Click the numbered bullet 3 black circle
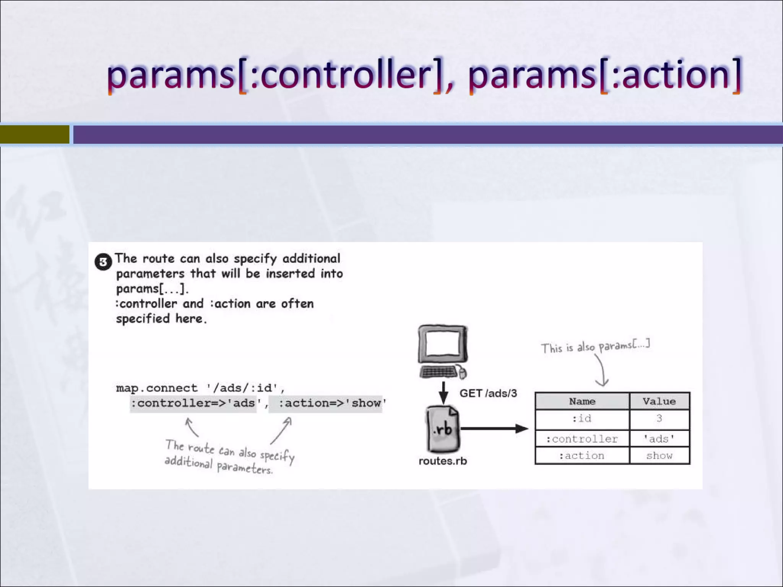pos(103,262)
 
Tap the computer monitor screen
pos(443,343)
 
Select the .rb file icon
pos(443,429)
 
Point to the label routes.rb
pos(443,461)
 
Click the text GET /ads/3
pos(488,393)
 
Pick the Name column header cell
pos(582,401)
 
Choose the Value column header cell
pos(659,401)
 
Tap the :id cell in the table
pos(582,418)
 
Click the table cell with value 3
pos(659,418)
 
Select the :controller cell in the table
pos(582,439)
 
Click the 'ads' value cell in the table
pos(659,439)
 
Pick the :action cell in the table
pos(582,456)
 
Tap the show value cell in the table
pos(659,456)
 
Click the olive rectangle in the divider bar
pos(34,135)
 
